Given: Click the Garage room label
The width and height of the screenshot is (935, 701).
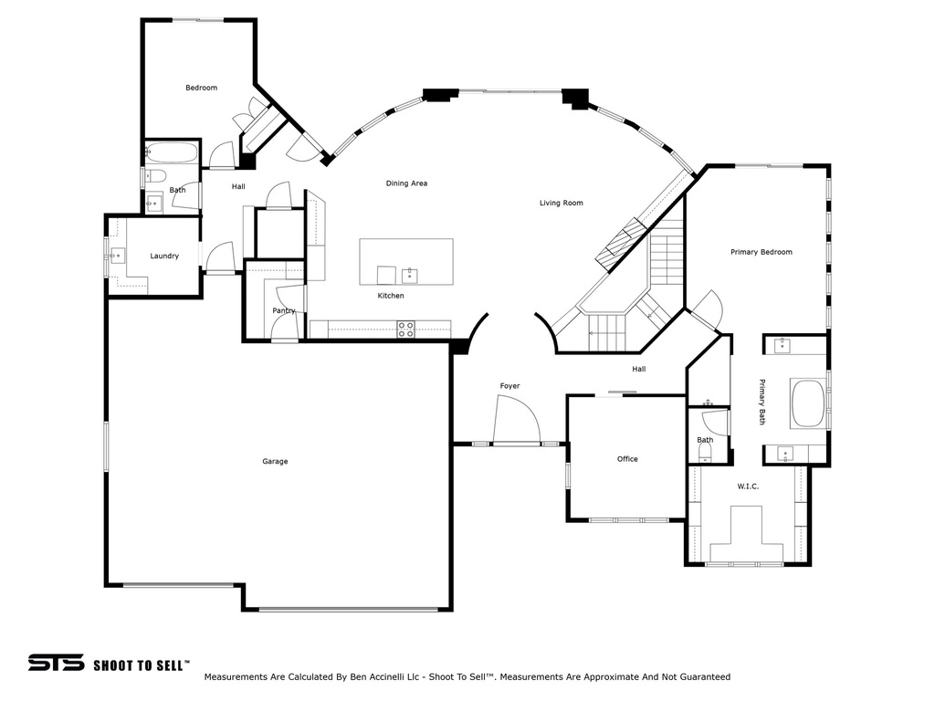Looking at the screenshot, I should point(275,462).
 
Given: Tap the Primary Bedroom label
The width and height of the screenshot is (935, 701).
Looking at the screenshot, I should point(761,252).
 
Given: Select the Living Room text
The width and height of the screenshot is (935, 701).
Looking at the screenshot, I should point(561,204).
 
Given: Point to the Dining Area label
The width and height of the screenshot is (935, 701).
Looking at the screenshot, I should point(406,183).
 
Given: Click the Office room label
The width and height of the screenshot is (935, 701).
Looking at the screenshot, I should point(627,459).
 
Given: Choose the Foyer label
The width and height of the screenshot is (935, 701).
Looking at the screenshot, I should point(510,386).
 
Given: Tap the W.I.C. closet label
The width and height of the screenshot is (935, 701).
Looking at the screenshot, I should point(748,487).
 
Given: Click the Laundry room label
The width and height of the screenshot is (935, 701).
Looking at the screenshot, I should point(164,256).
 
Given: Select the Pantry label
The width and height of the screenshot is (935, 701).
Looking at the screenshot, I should point(283,311).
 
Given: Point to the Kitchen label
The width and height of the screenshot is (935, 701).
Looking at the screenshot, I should point(391,296).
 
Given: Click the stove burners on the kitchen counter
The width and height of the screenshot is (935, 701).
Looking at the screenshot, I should point(405,330).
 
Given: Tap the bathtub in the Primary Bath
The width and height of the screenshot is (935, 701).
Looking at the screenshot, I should point(807,403).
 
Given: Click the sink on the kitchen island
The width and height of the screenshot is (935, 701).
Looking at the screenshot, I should point(409,274).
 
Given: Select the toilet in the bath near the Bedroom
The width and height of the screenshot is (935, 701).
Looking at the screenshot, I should point(156,175).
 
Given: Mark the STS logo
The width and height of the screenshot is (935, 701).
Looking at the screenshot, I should point(56,663).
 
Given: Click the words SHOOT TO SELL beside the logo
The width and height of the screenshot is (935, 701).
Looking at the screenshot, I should point(142,664).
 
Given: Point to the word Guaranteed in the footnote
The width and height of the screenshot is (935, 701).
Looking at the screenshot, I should point(702,677).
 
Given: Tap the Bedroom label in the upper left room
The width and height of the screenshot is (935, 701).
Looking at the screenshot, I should point(201,88).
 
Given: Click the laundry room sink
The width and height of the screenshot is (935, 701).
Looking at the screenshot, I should point(118,256).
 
